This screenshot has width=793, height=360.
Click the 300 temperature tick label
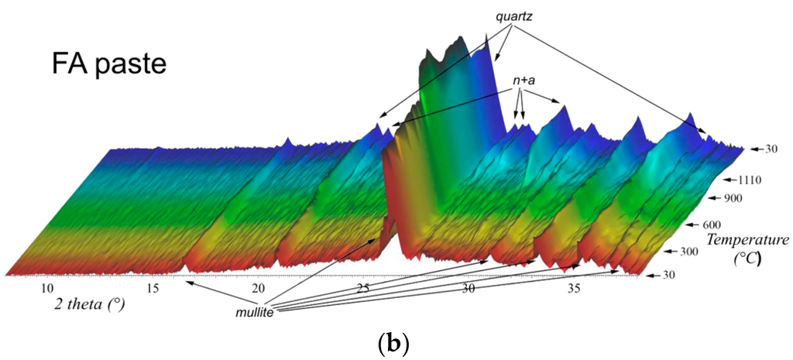(x=686, y=252)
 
